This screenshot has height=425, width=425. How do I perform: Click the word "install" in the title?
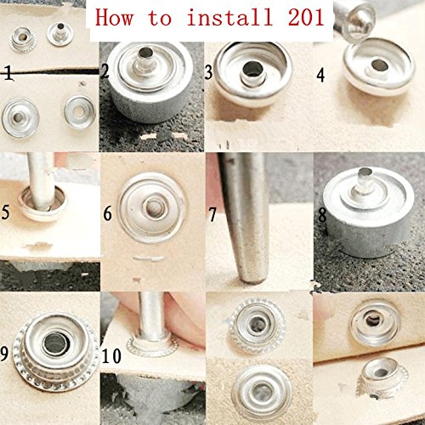pyautogui.click(x=229, y=18)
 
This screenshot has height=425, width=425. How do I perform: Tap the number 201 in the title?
pyautogui.click(x=306, y=18)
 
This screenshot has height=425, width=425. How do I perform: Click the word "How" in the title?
pyautogui.click(x=114, y=18)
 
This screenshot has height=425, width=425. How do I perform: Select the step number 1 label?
pyautogui.click(x=8, y=73)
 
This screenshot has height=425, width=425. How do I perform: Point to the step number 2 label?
pyautogui.click(x=105, y=71)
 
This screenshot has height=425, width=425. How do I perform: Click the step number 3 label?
pyautogui.click(x=209, y=72)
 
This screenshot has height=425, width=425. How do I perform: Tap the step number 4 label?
pyautogui.click(x=320, y=76)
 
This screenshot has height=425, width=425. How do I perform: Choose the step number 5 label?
pyautogui.click(x=6, y=212)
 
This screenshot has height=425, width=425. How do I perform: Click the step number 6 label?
pyautogui.click(x=108, y=213)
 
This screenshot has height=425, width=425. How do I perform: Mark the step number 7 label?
pyautogui.click(x=212, y=215)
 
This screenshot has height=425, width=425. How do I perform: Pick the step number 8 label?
pyautogui.click(x=322, y=215)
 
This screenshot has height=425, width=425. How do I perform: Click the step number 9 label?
pyautogui.click(x=4, y=354)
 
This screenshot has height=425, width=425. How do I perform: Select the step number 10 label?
pyautogui.click(x=111, y=356)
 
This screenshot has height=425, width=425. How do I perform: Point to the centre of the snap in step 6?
pyautogui.click(x=154, y=207)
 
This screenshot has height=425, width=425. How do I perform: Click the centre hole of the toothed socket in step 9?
pyautogui.click(x=55, y=343)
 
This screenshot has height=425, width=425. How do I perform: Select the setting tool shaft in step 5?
pyautogui.click(x=41, y=181)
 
